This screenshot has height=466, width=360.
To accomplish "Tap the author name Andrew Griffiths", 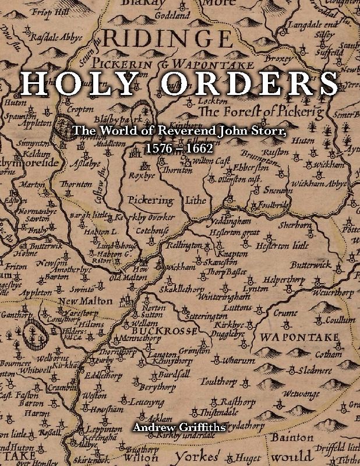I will pos(179,428).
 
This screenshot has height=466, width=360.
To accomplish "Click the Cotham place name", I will pos(329,354).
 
